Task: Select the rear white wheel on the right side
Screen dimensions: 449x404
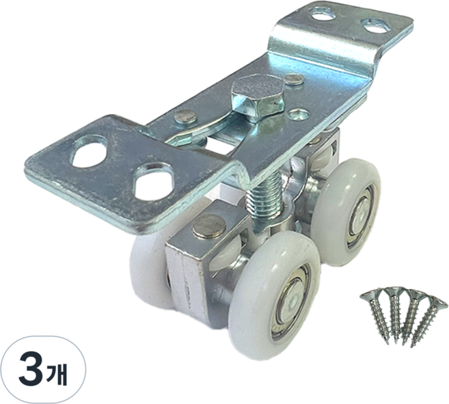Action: pyautogui.click(x=346, y=212)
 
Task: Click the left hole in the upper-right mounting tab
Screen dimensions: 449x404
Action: pyautogui.click(x=323, y=14)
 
